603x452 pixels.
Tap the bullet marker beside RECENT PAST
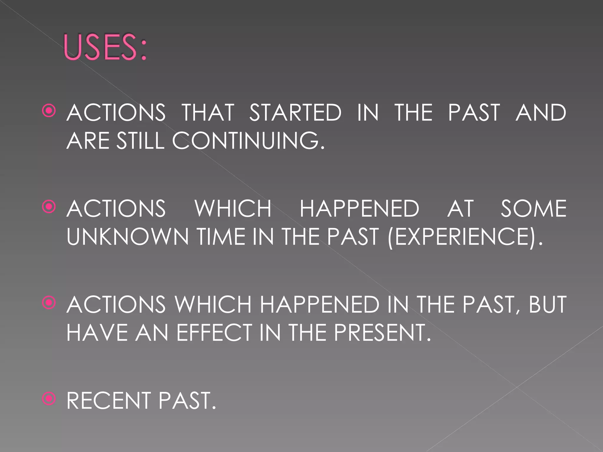49,399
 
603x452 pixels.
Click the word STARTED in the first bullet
295,112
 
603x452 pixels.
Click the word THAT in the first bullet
208,112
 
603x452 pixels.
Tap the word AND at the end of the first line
541,112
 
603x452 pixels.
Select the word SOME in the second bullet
534,208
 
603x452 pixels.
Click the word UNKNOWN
127,237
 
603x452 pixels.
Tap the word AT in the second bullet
460,208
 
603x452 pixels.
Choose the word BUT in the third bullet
547,304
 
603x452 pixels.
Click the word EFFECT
214,333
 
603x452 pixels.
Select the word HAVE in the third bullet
97,333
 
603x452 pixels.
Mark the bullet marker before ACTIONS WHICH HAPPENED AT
49,207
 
